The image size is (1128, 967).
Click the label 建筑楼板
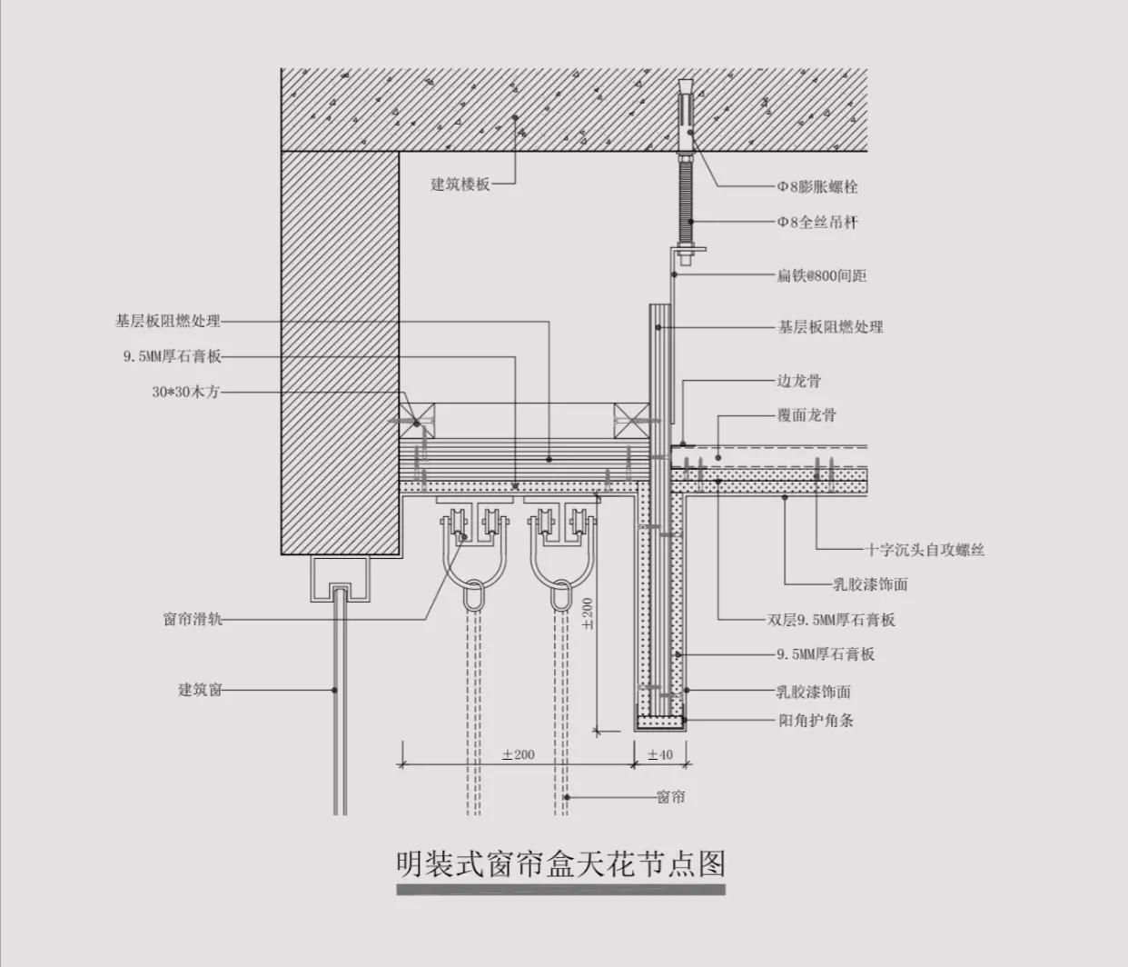(x=460, y=184)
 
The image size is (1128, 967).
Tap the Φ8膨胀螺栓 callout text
(x=816, y=187)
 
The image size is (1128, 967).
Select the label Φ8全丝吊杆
(x=816, y=222)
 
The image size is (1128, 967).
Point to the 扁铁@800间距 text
(x=821, y=275)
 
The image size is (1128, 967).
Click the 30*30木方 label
(x=185, y=393)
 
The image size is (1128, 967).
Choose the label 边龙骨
(x=798, y=381)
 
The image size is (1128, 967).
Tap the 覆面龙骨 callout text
(x=806, y=415)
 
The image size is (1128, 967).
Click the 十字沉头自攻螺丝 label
(x=925, y=549)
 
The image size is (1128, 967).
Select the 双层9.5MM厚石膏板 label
(x=831, y=620)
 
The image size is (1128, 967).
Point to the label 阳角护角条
(x=816, y=721)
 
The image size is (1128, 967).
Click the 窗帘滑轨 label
(x=193, y=620)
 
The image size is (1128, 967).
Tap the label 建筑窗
(x=200, y=690)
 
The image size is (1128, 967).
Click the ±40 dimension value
(x=660, y=754)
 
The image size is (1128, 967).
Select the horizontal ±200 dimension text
(x=518, y=754)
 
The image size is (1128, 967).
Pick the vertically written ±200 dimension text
(x=587, y=613)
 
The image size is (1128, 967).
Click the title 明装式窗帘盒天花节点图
(x=561, y=863)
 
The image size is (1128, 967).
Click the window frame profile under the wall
(x=340, y=579)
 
